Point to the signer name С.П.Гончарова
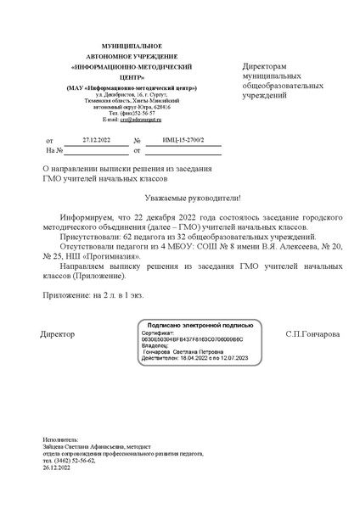pos(312,334)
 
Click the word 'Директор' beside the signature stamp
pos(58,334)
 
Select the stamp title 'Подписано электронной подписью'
pos(200,325)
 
